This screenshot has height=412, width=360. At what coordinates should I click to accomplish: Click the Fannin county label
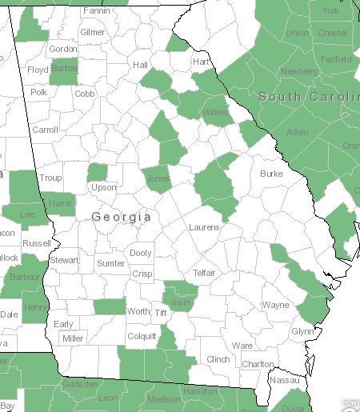pos(97,11)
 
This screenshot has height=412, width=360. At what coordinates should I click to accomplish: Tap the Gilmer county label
pos(93,32)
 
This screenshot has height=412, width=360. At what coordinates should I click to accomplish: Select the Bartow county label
pos(64,69)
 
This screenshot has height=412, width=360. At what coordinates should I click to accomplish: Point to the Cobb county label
pos(85,94)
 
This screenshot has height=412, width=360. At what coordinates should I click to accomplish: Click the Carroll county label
pos(45,130)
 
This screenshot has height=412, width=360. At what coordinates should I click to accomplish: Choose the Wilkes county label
pos(215,112)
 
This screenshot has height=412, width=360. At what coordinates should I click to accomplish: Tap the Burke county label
pos(272,173)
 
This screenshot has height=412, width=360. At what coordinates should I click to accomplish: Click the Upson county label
pos(104,187)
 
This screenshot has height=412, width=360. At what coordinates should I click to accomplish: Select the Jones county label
pos(158,179)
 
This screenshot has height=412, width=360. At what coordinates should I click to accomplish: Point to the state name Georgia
pos(121,217)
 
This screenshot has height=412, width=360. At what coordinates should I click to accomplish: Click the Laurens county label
pos(204,227)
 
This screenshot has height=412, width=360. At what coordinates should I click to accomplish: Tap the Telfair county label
pos(205,273)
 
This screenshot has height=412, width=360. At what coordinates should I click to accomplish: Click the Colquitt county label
pos(142,337)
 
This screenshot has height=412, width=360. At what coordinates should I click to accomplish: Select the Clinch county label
pos(218,359)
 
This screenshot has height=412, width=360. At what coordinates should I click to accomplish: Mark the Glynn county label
pos(303,331)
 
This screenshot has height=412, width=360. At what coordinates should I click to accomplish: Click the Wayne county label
pos(276,305)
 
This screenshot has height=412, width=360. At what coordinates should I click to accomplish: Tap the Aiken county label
pos(298,132)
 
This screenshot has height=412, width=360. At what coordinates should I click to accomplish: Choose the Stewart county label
pos(64,260)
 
